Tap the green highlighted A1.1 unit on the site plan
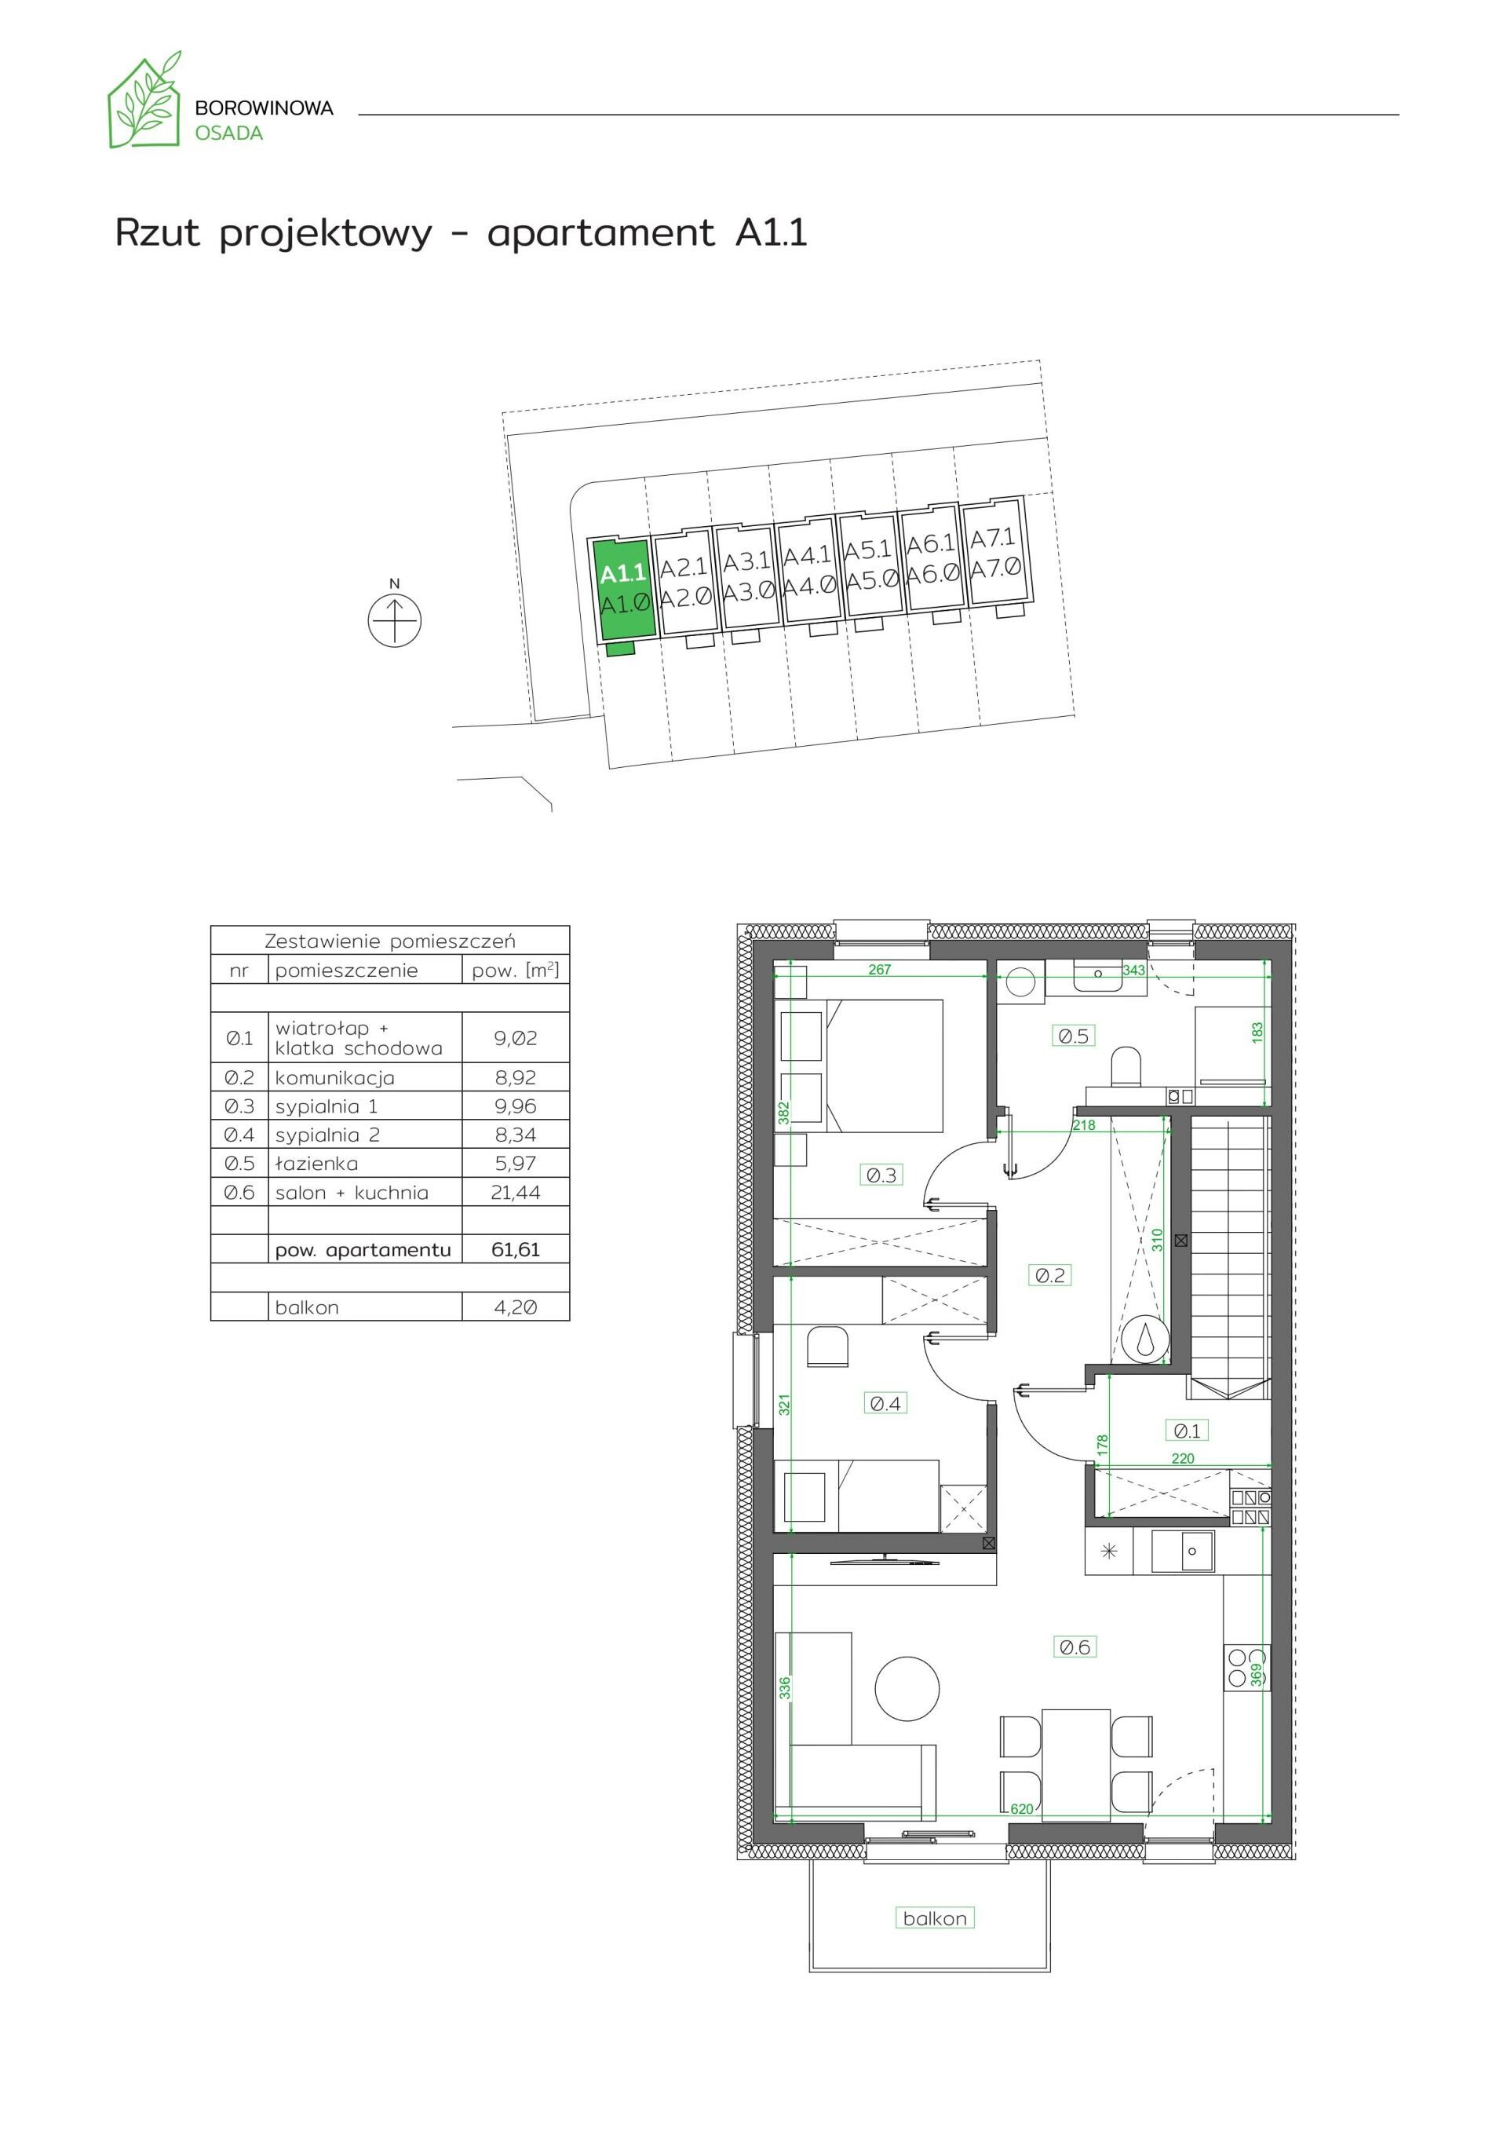click(622, 590)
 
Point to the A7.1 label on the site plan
click(993, 539)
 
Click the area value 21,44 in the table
click(515, 1193)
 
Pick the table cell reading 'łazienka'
click(316, 1164)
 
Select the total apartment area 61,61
click(515, 1249)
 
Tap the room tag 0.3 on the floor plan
click(881, 1175)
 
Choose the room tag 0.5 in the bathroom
click(1073, 1036)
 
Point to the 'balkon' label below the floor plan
click(935, 1918)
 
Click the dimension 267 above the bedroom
click(879, 969)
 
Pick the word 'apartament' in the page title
click(601, 233)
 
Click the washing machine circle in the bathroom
click(1020, 981)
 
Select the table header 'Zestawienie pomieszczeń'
click(390, 941)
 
